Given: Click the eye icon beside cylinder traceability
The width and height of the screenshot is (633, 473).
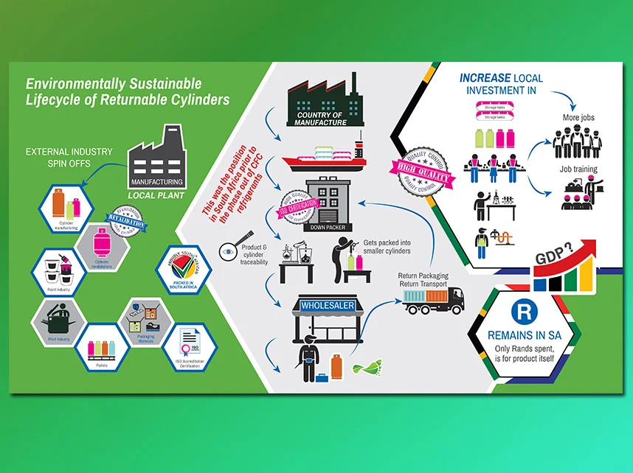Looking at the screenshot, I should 229,252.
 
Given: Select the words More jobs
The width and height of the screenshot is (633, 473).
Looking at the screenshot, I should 578,117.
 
